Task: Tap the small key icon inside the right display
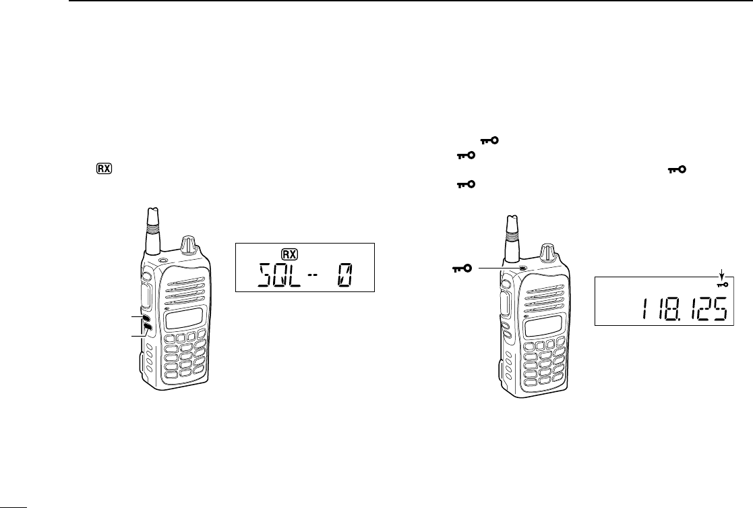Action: (x=722, y=284)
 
